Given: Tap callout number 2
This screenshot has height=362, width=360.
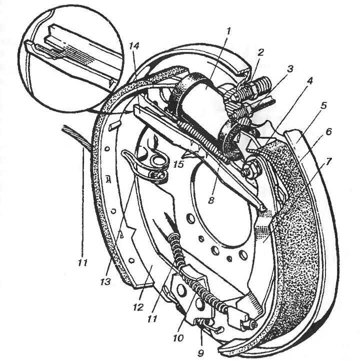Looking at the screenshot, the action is [260, 52].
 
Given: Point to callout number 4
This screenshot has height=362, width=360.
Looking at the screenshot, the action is [309, 81].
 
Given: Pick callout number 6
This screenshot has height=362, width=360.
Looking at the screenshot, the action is [328, 132].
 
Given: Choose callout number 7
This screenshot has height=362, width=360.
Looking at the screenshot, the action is [328, 162].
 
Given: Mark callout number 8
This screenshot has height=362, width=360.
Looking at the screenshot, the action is [211, 200].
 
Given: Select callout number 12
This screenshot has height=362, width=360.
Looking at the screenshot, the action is [138, 307].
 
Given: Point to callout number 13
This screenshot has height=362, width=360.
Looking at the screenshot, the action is [105, 282].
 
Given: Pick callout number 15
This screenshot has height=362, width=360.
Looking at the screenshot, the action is [179, 164].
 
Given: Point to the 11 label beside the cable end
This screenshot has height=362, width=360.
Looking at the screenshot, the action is [83, 262].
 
